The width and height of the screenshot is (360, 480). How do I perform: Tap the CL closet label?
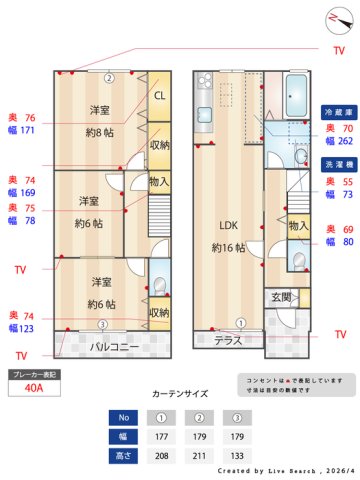(x=160, y=96)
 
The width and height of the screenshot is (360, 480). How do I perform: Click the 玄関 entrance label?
(x=280, y=297)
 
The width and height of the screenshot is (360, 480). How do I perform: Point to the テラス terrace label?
(x=228, y=340)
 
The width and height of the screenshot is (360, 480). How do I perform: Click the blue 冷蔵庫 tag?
(x=336, y=112)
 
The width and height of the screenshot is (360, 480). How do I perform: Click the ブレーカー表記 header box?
(x=33, y=373)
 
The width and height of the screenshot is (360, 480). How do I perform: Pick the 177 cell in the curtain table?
(x=161, y=437)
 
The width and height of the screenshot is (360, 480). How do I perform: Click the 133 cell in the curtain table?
(x=236, y=456)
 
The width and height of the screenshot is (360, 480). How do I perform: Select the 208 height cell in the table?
(x=161, y=456)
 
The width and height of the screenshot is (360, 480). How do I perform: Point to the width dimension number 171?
(x=28, y=130)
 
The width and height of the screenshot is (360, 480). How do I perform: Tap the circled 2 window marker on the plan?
(x=111, y=77)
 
